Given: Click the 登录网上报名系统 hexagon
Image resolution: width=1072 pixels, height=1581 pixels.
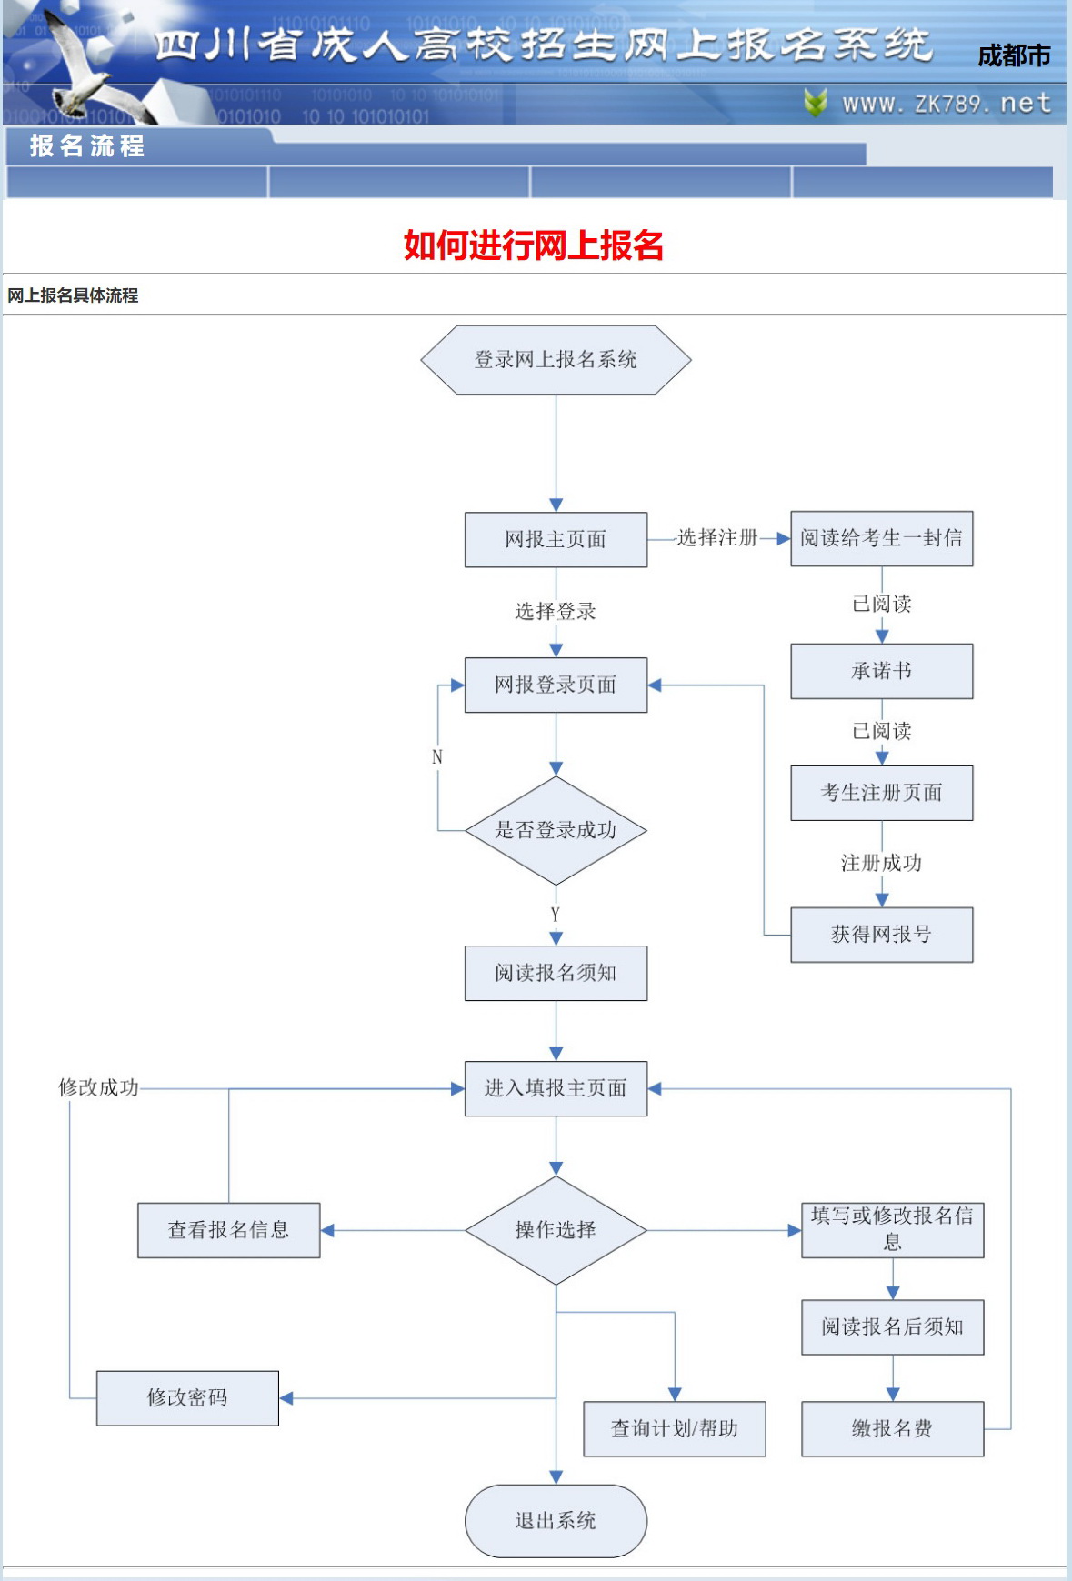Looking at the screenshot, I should pyautogui.click(x=556, y=360).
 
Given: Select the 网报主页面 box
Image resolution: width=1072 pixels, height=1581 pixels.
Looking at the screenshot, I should pyautogui.click(x=556, y=539).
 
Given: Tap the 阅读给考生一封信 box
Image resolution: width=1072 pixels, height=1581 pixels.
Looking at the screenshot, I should pyautogui.click(x=881, y=538).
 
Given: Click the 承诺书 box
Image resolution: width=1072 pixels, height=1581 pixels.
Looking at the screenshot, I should pyautogui.click(x=881, y=671).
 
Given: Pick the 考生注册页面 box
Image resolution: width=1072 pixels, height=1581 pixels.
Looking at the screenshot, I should pyautogui.click(x=881, y=793).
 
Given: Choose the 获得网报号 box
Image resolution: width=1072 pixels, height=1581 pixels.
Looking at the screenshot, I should pyautogui.click(x=881, y=935).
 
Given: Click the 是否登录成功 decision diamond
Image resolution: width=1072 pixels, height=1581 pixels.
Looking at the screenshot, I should pyautogui.click(x=556, y=830).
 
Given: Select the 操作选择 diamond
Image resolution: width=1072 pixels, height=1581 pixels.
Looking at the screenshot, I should pyautogui.click(x=556, y=1230).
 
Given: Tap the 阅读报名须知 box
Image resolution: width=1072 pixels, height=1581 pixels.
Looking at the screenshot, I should pyautogui.click(x=556, y=973).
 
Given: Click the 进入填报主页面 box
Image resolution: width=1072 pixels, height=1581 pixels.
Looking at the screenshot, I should pyautogui.click(x=556, y=1088).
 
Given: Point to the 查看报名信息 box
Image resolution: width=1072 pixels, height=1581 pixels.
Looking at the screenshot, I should pyautogui.click(x=228, y=1230).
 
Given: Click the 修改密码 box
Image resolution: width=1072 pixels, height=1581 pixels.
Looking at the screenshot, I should pyautogui.click(x=187, y=1397).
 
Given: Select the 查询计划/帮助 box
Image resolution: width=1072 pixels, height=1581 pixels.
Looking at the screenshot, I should pyautogui.click(x=674, y=1428).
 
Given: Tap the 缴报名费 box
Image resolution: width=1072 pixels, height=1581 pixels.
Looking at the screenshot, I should pyautogui.click(x=892, y=1428).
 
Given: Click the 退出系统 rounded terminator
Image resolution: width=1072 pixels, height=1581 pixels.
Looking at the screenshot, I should pyautogui.click(x=556, y=1520).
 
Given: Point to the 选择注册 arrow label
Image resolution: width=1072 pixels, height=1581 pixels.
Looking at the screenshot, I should pyautogui.click(x=717, y=538).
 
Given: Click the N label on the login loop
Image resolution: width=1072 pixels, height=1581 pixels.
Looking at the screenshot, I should pyautogui.click(x=437, y=756).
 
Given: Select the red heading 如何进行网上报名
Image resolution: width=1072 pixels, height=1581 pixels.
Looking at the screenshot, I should pyautogui.click(x=534, y=245).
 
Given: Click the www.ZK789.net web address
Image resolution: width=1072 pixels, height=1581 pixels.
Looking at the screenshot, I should pyautogui.click(x=946, y=104).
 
